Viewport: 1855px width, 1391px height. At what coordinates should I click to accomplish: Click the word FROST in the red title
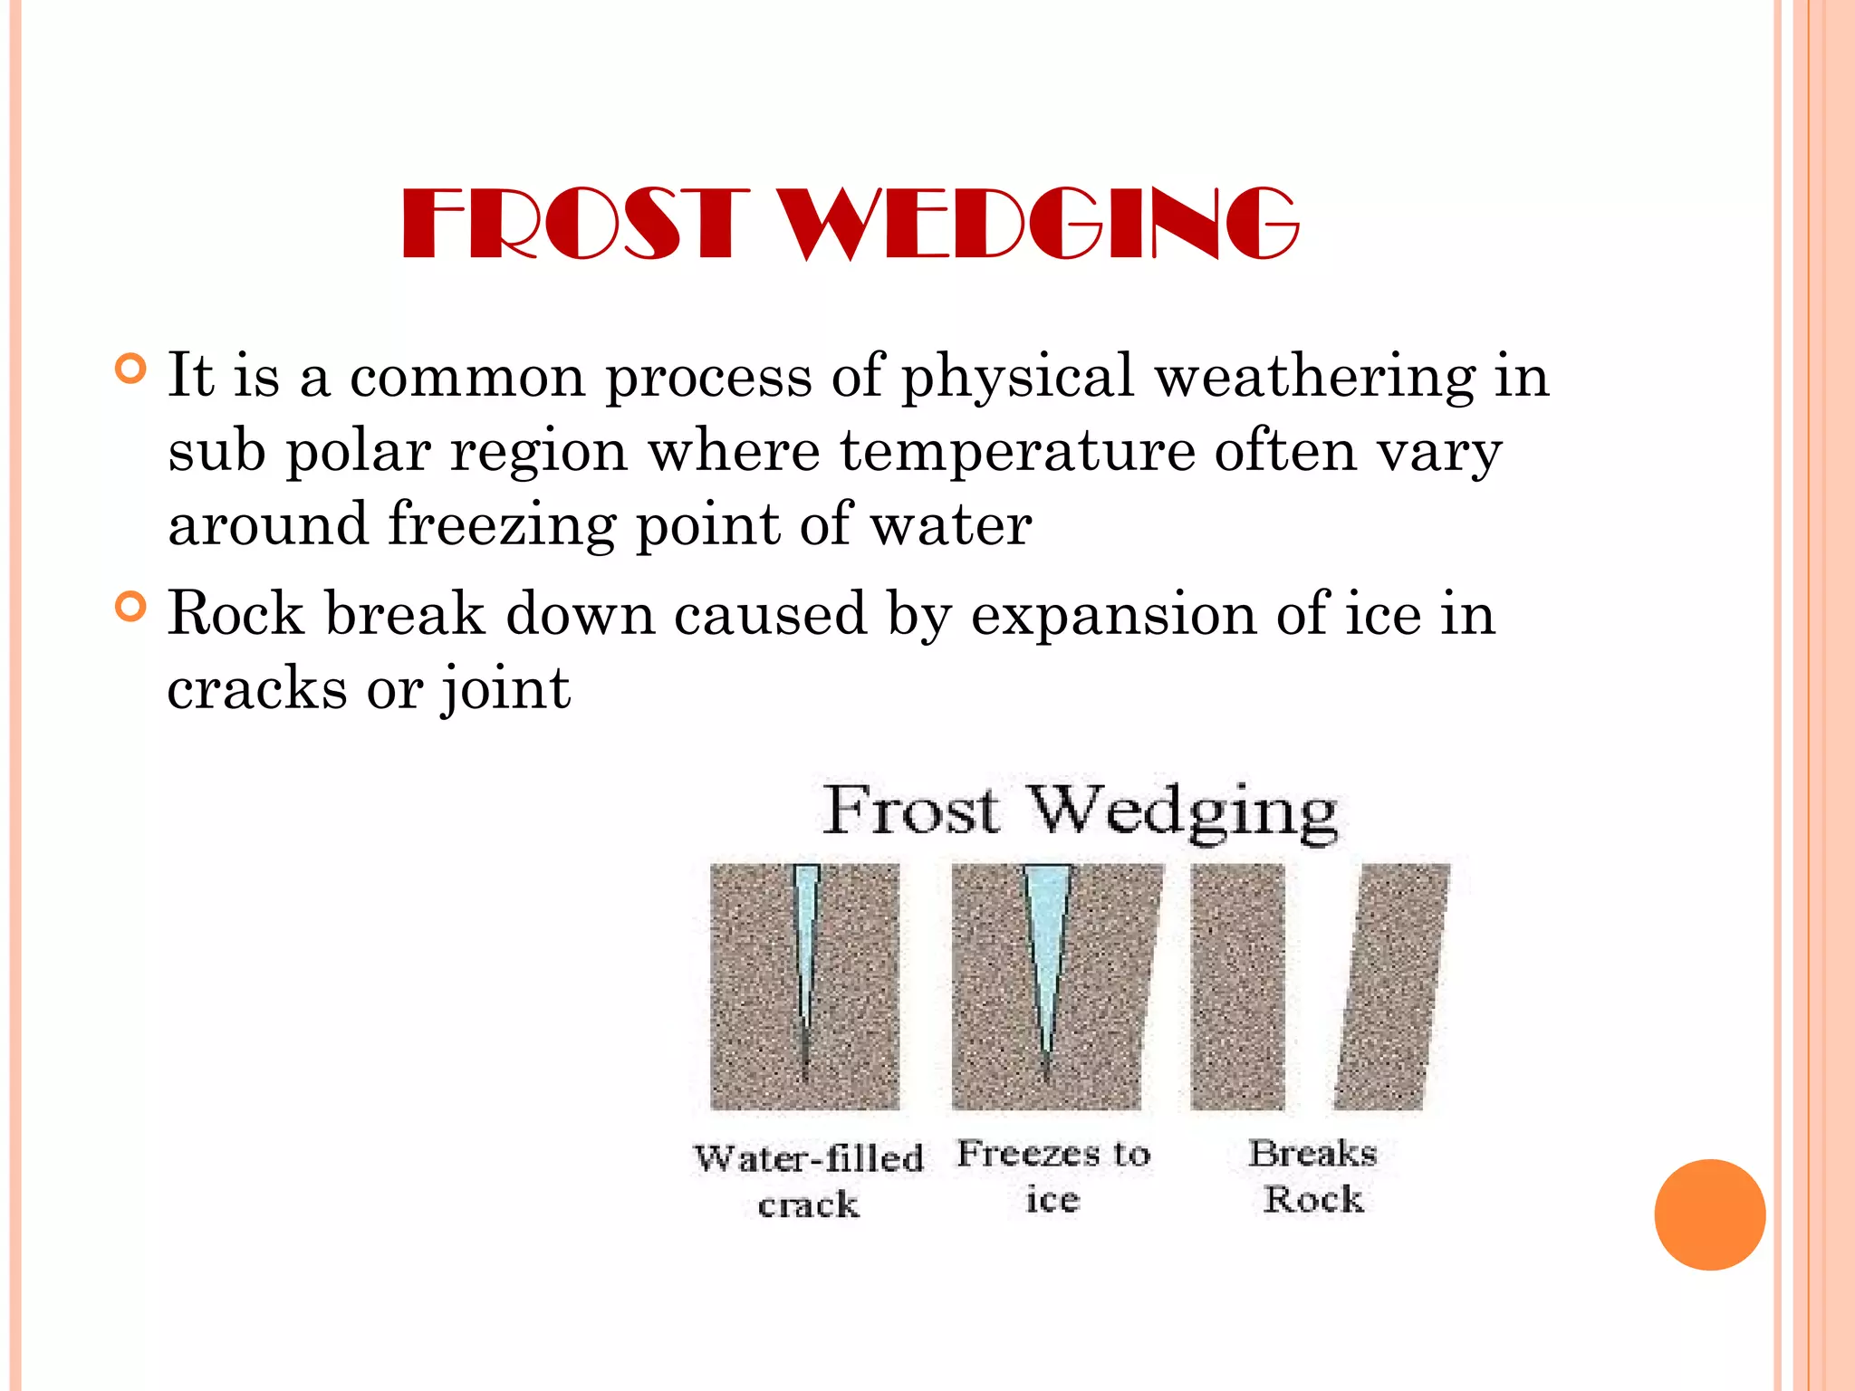pos(576,224)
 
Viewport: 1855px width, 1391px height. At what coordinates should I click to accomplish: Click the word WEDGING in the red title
pos(1040,224)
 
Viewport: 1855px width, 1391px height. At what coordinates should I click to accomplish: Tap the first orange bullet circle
pos(131,369)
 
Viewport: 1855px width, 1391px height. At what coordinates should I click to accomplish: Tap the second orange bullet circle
pos(131,607)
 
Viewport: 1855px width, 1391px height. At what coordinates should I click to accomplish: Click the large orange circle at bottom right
pos(1709,1214)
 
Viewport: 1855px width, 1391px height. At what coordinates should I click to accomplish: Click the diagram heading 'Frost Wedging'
pos(1080,811)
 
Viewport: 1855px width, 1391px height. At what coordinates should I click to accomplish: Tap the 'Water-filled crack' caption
pos(808,1181)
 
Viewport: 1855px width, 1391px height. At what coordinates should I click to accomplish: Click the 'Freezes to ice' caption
pos(1053,1176)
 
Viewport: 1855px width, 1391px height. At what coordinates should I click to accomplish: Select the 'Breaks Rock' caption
pos(1313,1176)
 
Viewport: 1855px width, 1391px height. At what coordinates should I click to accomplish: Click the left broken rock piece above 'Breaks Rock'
pos(1237,987)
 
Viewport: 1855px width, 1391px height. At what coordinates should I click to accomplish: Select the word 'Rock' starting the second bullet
pos(235,614)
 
